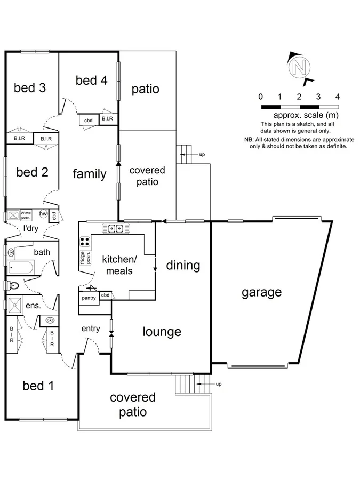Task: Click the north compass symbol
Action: click(299, 68)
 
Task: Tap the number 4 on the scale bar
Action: click(338, 97)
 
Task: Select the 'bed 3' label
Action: click(29, 87)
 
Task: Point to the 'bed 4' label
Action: click(91, 81)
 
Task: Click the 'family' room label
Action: click(90, 174)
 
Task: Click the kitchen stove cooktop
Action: click(84, 241)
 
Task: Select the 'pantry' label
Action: click(89, 298)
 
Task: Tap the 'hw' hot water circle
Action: click(43, 215)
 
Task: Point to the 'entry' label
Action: click(91, 329)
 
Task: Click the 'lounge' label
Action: click(162, 332)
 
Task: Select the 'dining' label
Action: click(182, 265)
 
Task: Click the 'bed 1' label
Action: click(38, 385)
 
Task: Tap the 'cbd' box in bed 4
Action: click(89, 121)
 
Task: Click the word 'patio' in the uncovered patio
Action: click(146, 89)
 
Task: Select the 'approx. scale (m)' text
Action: click(306, 115)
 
